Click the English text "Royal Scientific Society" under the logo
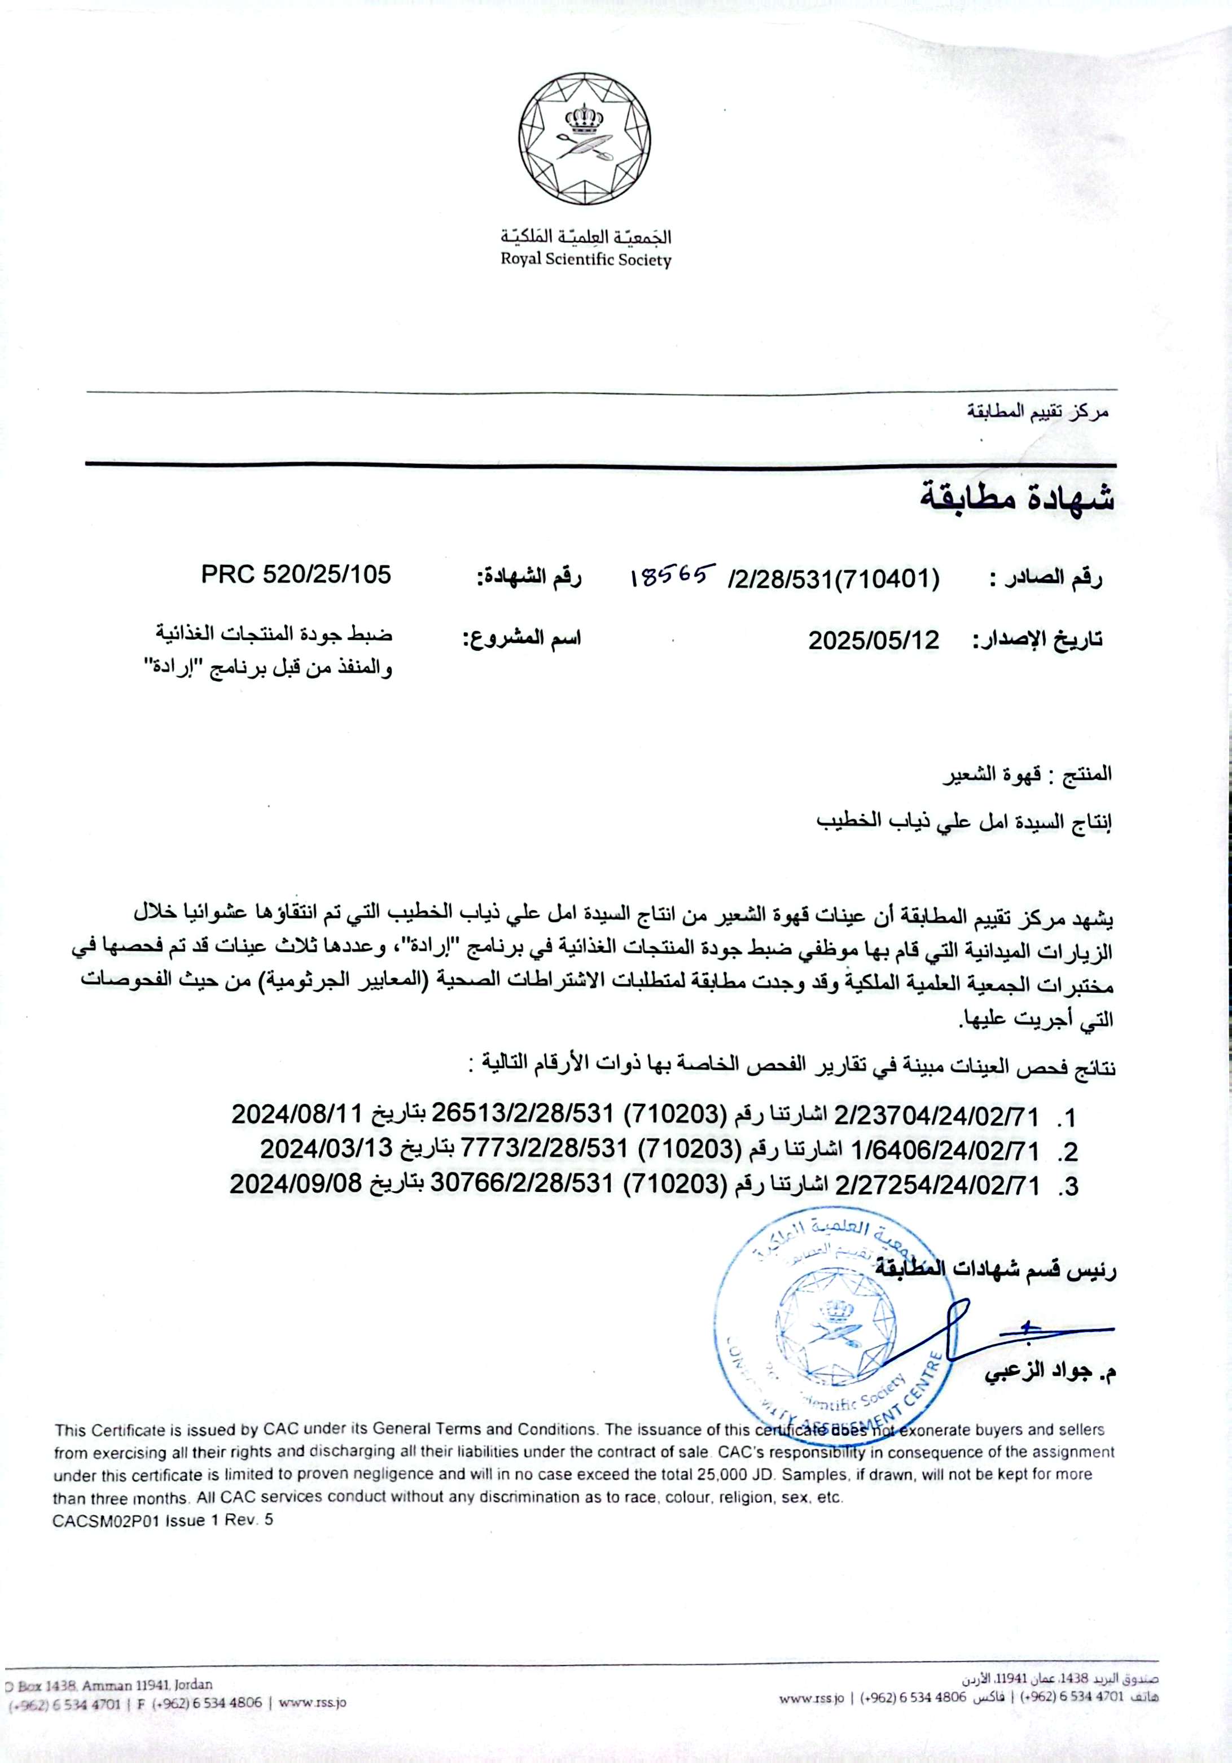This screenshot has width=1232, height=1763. point(585,260)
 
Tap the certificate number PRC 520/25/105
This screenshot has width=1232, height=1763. point(296,574)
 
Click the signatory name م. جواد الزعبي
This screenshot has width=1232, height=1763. point(1051,1373)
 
